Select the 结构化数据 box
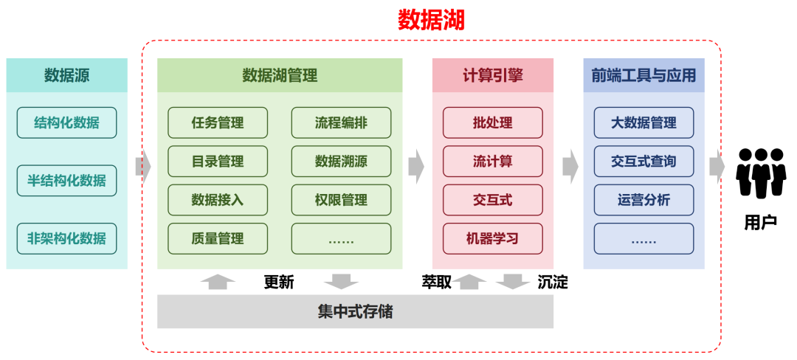point(66,122)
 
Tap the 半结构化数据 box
point(66,181)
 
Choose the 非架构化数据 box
point(66,239)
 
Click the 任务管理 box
point(218,122)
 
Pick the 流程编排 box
point(341,122)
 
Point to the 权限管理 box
point(341,200)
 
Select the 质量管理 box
point(218,238)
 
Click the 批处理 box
point(493,122)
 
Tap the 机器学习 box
point(493,238)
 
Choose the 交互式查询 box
point(644,161)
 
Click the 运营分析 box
point(644,200)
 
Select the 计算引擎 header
point(493,75)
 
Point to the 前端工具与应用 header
point(644,75)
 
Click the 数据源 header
point(66,75)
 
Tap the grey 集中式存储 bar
point(355,311)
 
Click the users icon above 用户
point(759,173)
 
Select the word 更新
point(279,282)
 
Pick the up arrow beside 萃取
point(470,281)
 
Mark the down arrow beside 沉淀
point(514,282)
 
